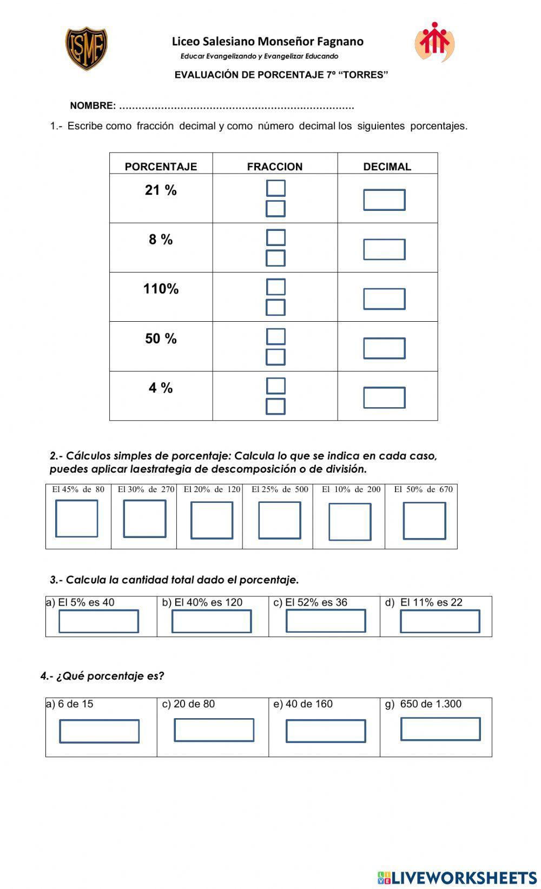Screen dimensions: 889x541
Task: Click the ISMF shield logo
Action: [x=87, y=49]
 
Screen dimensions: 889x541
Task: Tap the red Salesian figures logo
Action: [x=434, y=42]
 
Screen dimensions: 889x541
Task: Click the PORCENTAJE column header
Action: [x=161, y=167]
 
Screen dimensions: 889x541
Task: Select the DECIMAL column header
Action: [x=387, y=167]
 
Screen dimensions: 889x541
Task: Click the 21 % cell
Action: [x=161, y=190]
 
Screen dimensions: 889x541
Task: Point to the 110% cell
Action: [x=161, y=289]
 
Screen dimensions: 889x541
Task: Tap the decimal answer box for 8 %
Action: [x=384, y=250]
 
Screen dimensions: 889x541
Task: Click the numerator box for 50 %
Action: [x=275, y=336]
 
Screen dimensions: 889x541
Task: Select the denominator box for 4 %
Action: [x=275, y=407]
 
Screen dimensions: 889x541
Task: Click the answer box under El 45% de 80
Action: [x=77, y=519]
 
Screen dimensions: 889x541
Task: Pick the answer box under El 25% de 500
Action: [x=279, y=520]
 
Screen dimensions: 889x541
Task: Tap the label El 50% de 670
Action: [x=423, y=489]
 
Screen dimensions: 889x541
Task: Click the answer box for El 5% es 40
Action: [x=98, y=621]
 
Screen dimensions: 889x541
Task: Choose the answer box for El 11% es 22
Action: [x=440, y=621]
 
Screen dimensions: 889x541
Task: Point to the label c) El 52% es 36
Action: [x=311, y=602]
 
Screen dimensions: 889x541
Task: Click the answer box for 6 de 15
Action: [x=99, y=731]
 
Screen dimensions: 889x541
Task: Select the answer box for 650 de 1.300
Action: [x=440, y=729]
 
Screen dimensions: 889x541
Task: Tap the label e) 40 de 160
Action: [x=303, y=704]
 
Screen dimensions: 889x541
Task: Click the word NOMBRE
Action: [x=93, y=106]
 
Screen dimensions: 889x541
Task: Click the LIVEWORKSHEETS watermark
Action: [x=457, y=877]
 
